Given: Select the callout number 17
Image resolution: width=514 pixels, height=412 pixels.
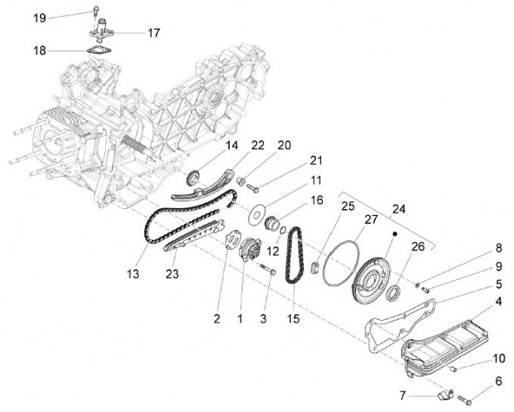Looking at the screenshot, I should pos(153,33).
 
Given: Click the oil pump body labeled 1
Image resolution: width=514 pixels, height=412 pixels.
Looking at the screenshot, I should pos(250,253).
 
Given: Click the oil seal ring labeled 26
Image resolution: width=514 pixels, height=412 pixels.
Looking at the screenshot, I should pos(393,292).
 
